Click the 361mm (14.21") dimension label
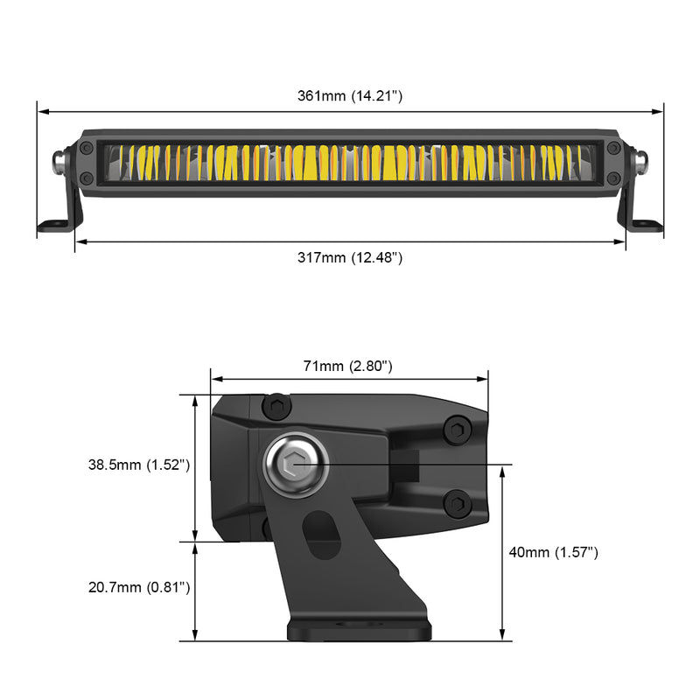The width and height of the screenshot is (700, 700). [x=350, y=96]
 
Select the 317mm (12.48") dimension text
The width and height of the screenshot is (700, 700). [x=350, y=257]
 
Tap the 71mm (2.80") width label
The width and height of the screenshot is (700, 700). [x=348, y=366]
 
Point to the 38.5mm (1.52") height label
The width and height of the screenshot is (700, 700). [x=139, y=465]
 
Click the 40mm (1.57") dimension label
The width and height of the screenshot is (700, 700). [x=554, y=552]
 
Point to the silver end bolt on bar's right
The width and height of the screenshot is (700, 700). [x=641, y=161]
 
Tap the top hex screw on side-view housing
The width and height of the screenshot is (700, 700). [x=277, y=406]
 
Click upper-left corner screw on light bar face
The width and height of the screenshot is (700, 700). [x=87, y=148]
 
